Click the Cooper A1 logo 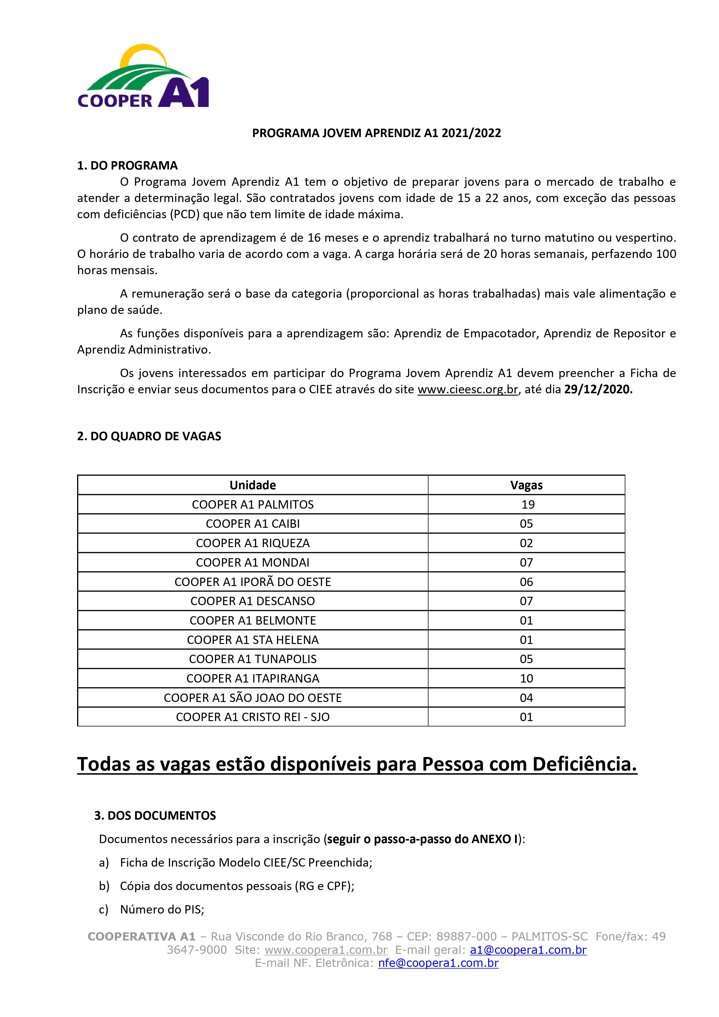click(x=143, y=76)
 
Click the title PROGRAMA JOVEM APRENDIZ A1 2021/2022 click(x=376, y=133)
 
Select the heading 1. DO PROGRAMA click(x=127, y=166)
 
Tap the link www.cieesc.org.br click(x=467, y=389)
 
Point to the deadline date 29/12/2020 click(x=598, y=389)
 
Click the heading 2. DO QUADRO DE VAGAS click(x=149, y=436)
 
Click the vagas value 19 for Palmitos click(x=528, y=505)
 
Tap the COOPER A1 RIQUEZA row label click(x=252, y=543)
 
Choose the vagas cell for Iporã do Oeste click(x=526, y=582)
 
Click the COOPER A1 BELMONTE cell click(x=252, y=621)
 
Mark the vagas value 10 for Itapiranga click(x=526, y=678)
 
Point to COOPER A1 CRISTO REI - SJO click(x=252, y=717)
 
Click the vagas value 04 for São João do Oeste click(x=526, y=698)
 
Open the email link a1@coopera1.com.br click(x=528, y=950)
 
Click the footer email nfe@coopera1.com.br click(x=438, y=963)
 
